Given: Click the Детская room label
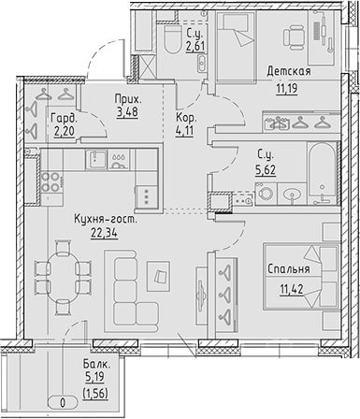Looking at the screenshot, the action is coord(289,71).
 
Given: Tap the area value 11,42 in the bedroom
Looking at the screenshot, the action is coord(292,290).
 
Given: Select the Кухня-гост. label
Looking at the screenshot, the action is coord(106,220).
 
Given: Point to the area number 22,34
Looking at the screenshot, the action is coord(104,233).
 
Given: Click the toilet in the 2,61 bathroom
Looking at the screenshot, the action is coord(173,38).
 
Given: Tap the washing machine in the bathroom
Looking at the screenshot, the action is coord(266,194).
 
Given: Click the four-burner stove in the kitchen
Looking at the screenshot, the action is coord(50,181).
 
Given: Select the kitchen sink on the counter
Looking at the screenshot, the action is coord(96,159).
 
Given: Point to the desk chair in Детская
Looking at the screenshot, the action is coord(294,37).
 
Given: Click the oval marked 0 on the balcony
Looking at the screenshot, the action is coord(63,403).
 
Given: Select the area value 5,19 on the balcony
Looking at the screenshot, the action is coord(94,377).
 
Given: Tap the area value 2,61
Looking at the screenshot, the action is coord(195,46).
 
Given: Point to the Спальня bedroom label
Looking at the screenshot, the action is coord(289,269).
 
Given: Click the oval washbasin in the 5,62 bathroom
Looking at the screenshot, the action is coord(292,195).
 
